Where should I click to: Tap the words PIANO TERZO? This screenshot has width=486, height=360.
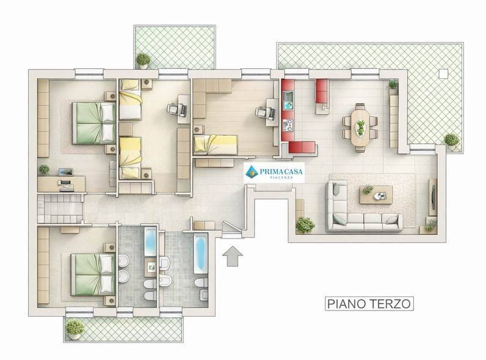[366, 303]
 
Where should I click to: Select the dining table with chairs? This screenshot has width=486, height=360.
[360, 128]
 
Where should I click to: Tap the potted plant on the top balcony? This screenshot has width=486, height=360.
[143, 59]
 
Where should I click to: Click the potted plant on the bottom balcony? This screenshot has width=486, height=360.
[74, 328]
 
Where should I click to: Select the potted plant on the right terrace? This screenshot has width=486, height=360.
[451, 140]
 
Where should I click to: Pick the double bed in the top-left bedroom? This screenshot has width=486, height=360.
[94, 123]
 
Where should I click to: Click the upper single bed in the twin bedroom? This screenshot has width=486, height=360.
[130, 105]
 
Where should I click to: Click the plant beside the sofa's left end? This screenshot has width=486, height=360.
[304, 225]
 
